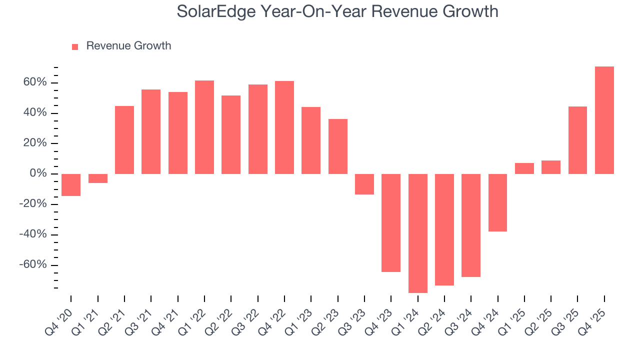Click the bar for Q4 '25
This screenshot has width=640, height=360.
click(x=604, y=120)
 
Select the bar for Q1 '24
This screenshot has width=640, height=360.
click(x=417, y=233)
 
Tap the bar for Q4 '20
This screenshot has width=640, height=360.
click(x=71, y=184)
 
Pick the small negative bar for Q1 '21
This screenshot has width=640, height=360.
click(x=97, y=178)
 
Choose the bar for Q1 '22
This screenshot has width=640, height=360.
click(x=204, y=127)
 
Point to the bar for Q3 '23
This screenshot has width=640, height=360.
click(x=364, y=184)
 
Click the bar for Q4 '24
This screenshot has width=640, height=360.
click(x=497, y=202)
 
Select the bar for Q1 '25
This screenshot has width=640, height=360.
click(x=524, y=168)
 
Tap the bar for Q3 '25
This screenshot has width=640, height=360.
click(x=577, y=140)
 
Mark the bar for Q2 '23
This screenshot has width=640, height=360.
click(x=337, y=146)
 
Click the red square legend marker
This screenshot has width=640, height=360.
click(x=75, y=47)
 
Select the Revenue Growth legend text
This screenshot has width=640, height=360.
click(x=128, y=46)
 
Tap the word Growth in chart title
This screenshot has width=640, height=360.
click(x=470, y=11)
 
